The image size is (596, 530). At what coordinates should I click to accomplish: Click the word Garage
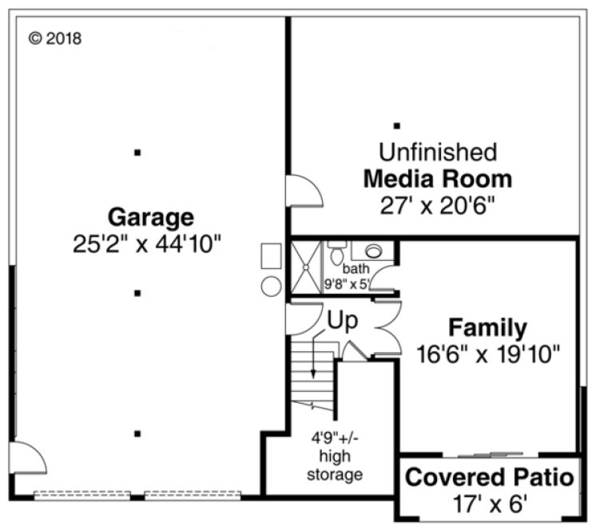click(x=150, y=216)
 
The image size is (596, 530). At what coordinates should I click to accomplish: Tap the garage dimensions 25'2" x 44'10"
click(x=147, y=243)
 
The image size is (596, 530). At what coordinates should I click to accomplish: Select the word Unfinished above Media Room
click(x=437, y=152)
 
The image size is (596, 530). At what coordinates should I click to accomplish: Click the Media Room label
click(x=437, y=178)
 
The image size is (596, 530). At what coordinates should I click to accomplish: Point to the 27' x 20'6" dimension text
click(x=437, y=205)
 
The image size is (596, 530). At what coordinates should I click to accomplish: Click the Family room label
click(x=487, y=327)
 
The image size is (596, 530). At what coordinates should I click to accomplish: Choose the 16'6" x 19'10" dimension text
click(x=488, y=353)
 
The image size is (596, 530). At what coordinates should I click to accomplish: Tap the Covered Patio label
click(x=489, y=478)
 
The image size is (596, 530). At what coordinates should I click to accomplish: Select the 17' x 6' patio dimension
click(x=488, y=504)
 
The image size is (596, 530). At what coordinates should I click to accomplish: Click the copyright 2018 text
click(x=55, y=38)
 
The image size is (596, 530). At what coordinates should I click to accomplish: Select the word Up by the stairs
click(x=341, y=320)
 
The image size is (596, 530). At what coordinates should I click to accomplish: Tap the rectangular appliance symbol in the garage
click(x=270, y=257)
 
